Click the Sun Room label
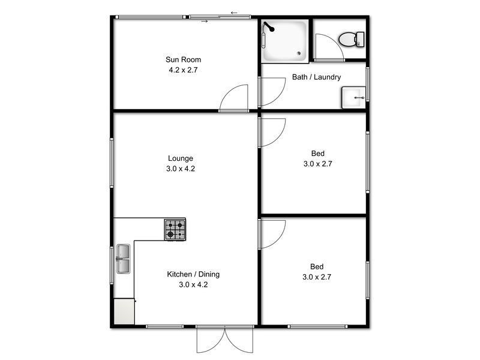[183, 59]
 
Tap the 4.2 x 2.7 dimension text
[183, 70]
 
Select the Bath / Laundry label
[316, 77]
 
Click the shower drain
[301, 53]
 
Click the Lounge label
[180, 158]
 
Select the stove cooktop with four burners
[175, 229]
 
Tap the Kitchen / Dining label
[193, 274]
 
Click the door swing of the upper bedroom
[272, 132]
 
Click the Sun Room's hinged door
[234, 98]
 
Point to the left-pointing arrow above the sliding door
[234, 12]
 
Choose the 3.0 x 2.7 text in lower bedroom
[317, 277]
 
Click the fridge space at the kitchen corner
[125, 311]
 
